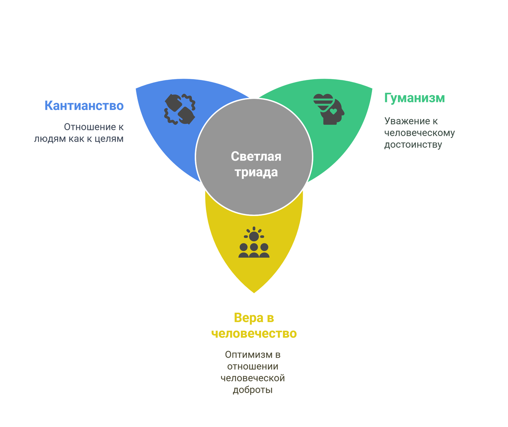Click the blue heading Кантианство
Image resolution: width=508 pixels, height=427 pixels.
pyautogui.click(x=84, y=105)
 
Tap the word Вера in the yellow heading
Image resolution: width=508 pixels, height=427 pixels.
pyautogui.click(x=248, y=318)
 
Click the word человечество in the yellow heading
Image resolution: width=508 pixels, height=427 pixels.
pyautogui.click(x=254, y=334)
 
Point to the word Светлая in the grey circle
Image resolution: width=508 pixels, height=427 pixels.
pyautogui.click(x=256, y=156)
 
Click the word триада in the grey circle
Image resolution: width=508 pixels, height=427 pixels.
pyautogui.click(x=256, y=172)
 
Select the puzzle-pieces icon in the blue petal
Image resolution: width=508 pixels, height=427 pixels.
pyautogui.click(x=179, y=109)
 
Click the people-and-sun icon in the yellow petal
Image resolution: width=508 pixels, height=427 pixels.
pyautogui.click(x=254, y=243)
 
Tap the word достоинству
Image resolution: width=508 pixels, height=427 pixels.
pyautogui.click(x=413, y=145)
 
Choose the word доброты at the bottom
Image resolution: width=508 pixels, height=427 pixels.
pyautogui.click(x=252, y=390)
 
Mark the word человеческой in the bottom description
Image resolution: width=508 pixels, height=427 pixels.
pyautogui.click(x=252, y=378)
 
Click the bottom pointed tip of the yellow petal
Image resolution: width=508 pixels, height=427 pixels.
pyautogui.click(x=254, y=292)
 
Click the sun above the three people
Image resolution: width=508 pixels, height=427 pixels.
pyautogui.click(x=254, y=235)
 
